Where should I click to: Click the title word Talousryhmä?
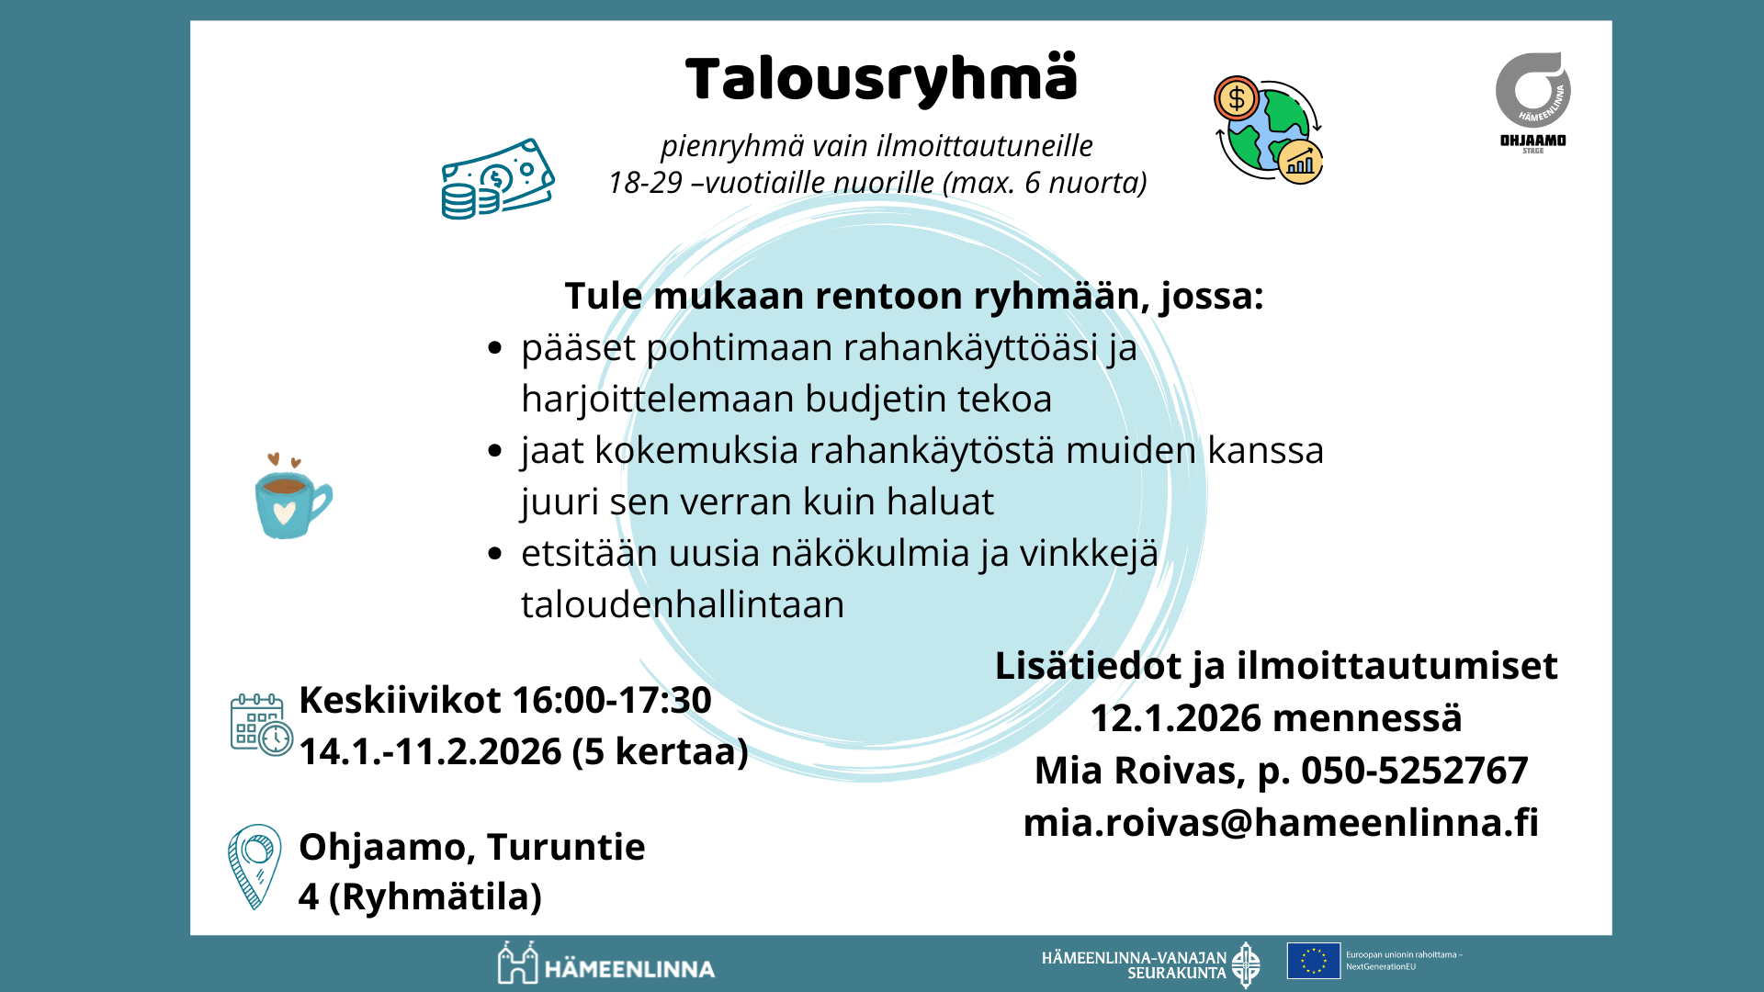tap(881, 79)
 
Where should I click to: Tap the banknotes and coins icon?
tap(497, 179)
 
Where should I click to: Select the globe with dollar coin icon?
tap(1269, 130)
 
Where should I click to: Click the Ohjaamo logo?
tap(1532, 102)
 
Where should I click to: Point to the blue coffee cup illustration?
tap(292, 496)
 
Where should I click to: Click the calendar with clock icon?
tap(261, 725)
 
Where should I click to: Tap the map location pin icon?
tap(254, 866)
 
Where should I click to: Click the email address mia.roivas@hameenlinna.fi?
tap(1281, 822)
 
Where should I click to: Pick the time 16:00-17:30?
tap(611, 700)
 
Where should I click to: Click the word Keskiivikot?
tap(400, 700)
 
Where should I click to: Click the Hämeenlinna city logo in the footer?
tap(606, 963)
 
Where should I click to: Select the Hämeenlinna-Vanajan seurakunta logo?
tap(1150, 964)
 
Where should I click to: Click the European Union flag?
tap(1314, 961)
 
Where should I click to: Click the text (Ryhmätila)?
tap(435, 897)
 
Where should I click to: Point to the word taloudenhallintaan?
tap(683, 604)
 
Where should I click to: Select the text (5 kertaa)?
tap(661, 752)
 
